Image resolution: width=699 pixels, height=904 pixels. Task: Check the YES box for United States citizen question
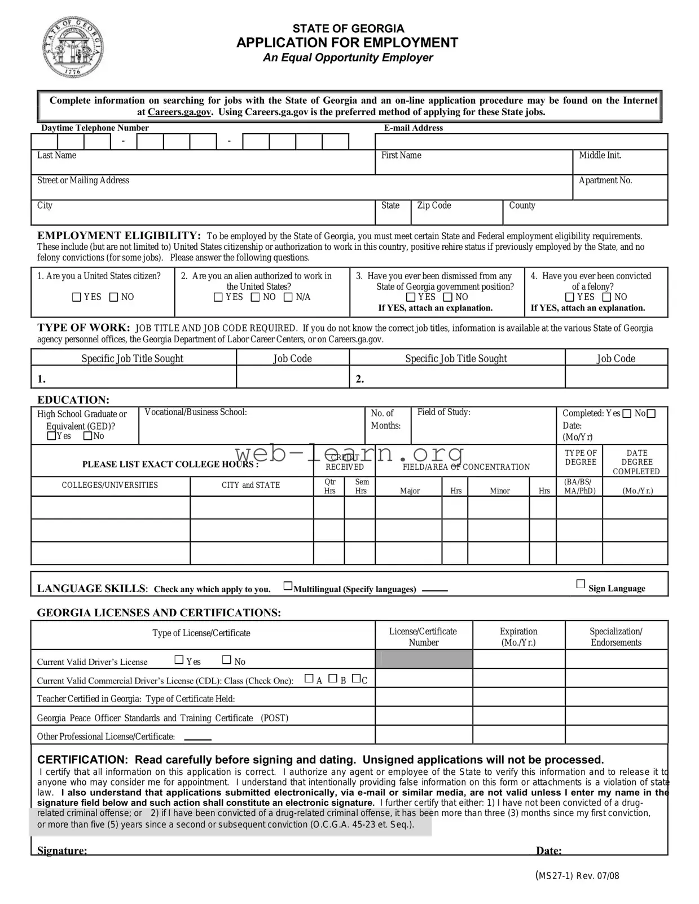tap(77, 297)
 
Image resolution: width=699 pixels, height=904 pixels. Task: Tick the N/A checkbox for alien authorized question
tap(288, 297)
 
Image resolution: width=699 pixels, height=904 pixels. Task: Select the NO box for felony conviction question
tap(607, 297)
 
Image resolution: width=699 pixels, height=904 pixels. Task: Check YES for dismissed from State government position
tap(411, 297)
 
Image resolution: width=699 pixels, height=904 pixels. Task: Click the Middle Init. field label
tap(600, 156)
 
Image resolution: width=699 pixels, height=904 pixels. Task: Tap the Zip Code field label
tap(434, 206)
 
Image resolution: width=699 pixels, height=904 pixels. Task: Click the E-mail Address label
tap(413, 128)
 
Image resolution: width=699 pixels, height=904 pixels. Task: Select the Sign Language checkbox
tap(581, 584)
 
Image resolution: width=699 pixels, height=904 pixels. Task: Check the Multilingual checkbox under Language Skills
tap(288, 587)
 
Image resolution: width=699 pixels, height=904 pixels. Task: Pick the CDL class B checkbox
tap(333, 678)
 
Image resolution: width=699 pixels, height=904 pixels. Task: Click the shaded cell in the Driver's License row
tap(424, 659)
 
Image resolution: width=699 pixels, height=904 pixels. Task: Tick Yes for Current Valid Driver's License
tap(179, 659)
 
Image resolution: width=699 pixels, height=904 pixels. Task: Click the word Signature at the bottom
tap(62, 850)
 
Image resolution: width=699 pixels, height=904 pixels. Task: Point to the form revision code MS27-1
tap(555, 876)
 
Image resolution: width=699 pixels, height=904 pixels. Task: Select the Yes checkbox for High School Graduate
tap(52, 436)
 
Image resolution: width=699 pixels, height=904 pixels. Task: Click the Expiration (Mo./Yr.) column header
tap(518, 637)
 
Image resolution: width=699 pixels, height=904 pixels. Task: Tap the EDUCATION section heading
tap(73, 400)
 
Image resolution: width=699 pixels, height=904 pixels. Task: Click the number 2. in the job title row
tap(360, 380)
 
